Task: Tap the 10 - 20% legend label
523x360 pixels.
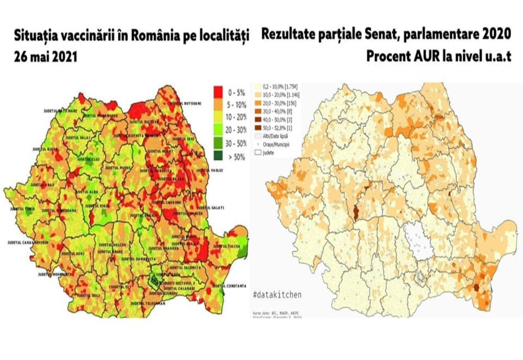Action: [238, 117]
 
